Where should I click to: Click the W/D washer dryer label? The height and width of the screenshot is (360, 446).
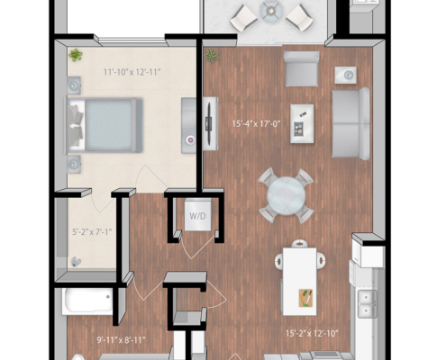197,216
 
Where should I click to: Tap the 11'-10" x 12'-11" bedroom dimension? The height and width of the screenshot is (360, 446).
132,72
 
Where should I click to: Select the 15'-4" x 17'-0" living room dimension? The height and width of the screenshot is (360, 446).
256,123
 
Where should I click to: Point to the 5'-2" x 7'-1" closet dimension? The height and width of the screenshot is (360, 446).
92,232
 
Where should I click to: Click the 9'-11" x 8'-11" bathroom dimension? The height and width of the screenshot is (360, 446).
121,340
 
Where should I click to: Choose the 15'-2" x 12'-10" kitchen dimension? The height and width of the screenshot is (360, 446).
312,333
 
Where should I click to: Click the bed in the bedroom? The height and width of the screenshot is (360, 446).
105,125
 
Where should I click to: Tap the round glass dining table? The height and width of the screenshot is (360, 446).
286,195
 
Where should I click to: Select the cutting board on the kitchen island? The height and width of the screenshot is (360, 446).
305,298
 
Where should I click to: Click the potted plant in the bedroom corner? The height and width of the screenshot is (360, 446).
76,55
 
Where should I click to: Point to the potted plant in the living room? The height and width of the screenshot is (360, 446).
212,56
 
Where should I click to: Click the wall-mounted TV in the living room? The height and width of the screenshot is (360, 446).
209,123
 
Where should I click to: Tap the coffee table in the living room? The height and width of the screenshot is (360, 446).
302,123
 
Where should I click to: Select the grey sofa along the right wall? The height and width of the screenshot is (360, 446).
351,123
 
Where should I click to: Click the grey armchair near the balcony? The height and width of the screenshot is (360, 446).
302,68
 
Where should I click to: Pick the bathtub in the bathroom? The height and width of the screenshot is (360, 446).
87,301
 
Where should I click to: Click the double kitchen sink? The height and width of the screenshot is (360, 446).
367,303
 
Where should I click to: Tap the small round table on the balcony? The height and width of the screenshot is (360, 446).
271,11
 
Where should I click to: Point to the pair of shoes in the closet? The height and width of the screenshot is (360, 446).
76,262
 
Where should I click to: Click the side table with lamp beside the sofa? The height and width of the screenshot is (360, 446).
346,75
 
